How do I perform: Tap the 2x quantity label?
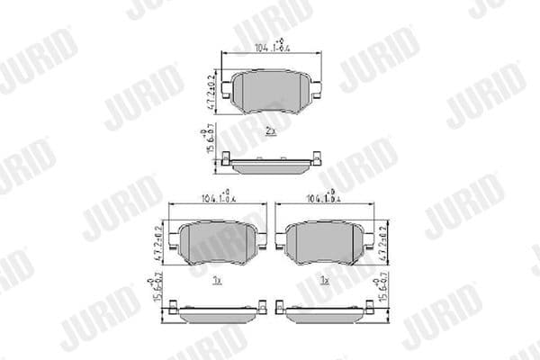point(270,131)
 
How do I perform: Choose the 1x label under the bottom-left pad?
point(217,281)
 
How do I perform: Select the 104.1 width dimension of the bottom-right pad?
point(322,197)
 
